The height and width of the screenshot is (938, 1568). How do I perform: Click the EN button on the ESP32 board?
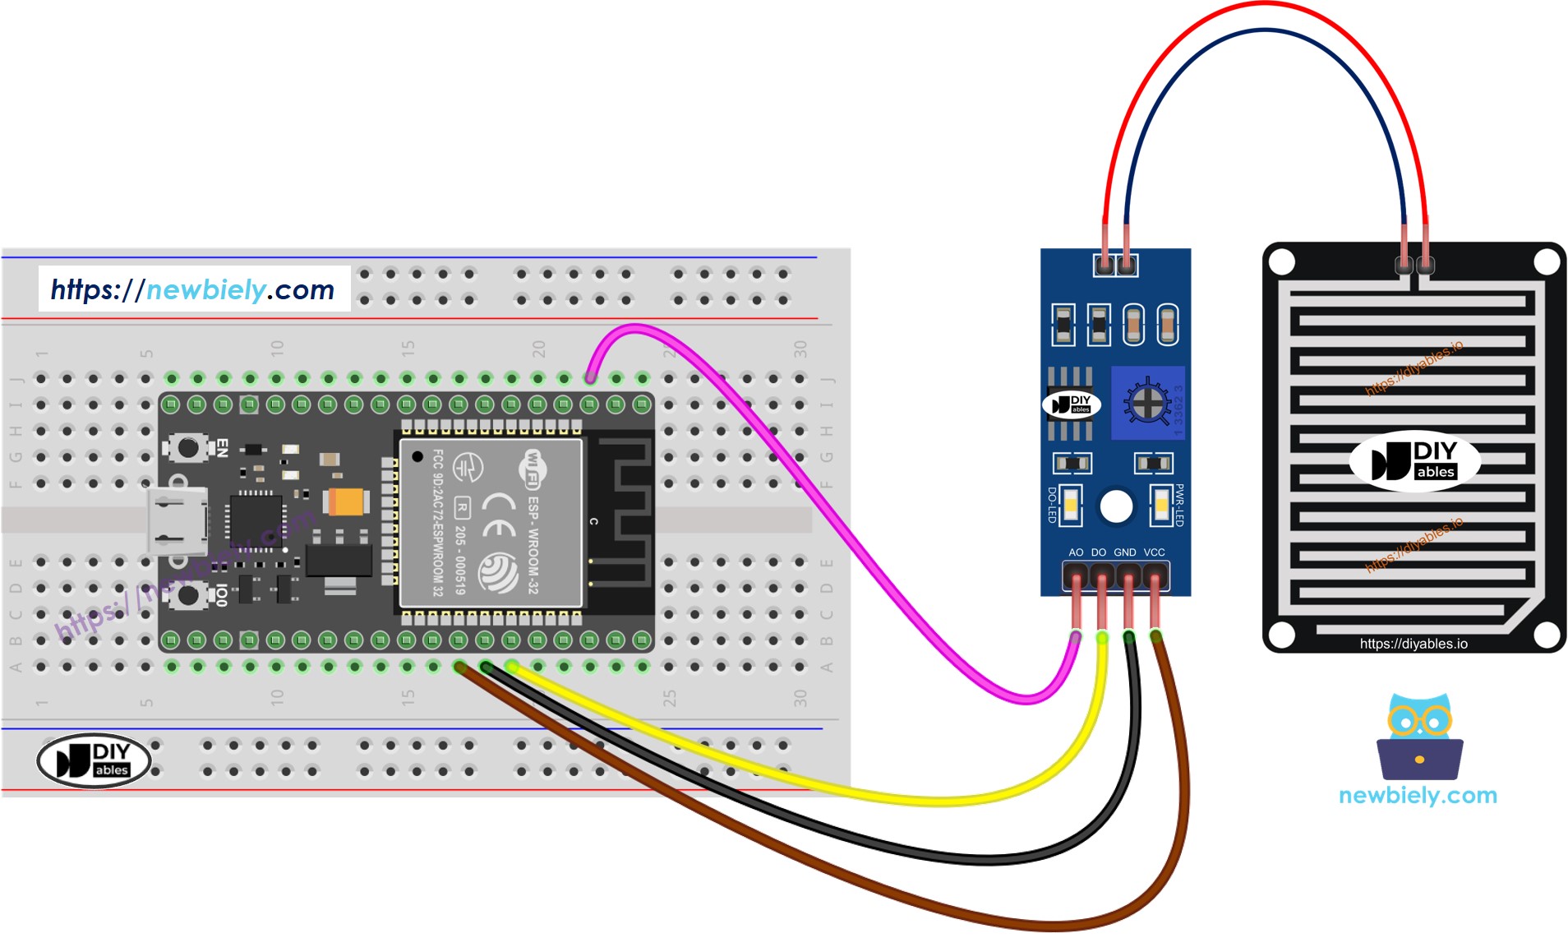click(x=188, y=448)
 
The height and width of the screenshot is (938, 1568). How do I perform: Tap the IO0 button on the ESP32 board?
click(x=188, y=594)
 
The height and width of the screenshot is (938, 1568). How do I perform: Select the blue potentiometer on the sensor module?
click(x=1147, y=403)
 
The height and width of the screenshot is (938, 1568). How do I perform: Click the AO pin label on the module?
click(x=1076, y=552)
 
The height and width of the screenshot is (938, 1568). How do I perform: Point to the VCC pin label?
click(x=1154, y=552)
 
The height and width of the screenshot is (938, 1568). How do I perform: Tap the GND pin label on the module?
click(x=1124, y=552)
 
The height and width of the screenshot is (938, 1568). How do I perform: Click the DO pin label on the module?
click(x=1099, y=552)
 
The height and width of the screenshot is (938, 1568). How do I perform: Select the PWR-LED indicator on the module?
click(x=1160, y=505)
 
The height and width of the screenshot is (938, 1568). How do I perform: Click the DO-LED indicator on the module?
click(x=1070, y=505)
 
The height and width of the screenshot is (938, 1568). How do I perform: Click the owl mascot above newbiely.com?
click(x=1419, y=737)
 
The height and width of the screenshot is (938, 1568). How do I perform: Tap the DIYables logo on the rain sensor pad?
click(x=1414, y=461)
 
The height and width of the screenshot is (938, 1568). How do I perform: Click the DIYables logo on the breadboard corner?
click(x=94, y=760)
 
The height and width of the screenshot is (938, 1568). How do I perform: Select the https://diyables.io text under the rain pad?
click(x=1413, y=644)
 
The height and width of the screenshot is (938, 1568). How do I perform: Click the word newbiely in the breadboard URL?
click(x=205, y=289)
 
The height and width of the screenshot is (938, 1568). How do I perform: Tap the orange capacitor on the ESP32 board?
click(x=346, y=501)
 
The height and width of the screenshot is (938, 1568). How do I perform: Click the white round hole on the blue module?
click(x=1116, y=506)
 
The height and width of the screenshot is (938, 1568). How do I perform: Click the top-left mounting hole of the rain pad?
click(x=1282, y=263)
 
